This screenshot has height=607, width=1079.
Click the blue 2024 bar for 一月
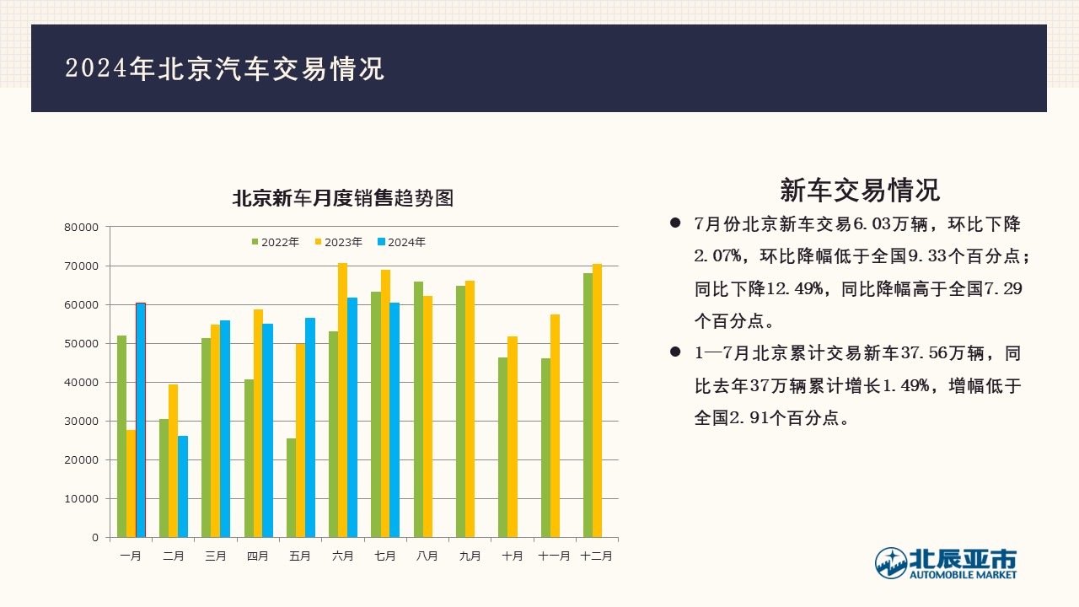[141, 420]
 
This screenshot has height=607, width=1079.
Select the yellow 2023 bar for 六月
[342, 400]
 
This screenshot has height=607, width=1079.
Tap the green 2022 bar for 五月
[291, 487]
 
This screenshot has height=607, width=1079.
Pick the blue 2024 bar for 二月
[183, 486]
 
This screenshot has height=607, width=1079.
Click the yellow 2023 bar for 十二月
[598, 400]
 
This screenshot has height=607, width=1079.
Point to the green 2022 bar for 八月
[418, 410]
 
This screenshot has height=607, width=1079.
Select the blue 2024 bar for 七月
[395, 420]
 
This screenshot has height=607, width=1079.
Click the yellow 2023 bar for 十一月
[555, 426]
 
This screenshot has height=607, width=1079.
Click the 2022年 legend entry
[276, 242]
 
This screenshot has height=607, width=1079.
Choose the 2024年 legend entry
[402, 242]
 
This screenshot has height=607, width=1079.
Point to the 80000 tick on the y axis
[82, 228]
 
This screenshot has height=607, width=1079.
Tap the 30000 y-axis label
[82, 422]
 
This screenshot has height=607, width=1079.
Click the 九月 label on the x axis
[470, 556]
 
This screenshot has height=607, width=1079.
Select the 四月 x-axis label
[258, 556]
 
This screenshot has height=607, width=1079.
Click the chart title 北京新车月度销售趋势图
[343, 198]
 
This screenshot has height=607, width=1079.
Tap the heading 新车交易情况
[860, 190]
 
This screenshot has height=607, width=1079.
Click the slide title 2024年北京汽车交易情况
[225, 68]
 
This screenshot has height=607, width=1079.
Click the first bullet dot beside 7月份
[675, 223]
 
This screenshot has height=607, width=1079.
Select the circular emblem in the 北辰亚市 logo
[891, 563]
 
